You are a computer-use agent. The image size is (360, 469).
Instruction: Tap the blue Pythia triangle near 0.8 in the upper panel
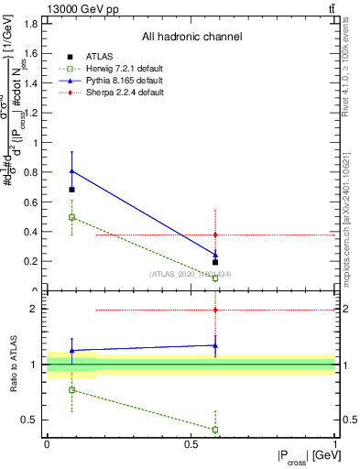tap(72, 170)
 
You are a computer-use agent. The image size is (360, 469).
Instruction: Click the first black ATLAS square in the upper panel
tap(72, 190)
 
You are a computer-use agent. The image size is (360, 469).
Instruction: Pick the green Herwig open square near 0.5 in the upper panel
tap(72, 217)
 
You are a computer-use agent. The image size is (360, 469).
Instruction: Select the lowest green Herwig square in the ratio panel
tap(215, 429)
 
